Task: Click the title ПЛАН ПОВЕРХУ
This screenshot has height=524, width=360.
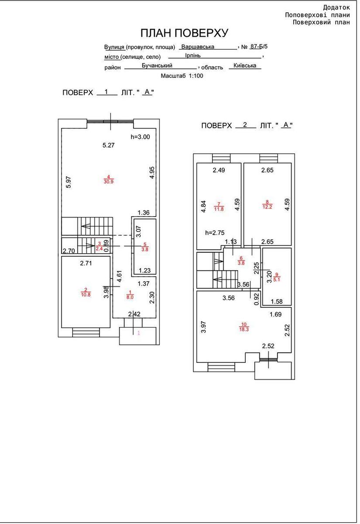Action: point(184,33)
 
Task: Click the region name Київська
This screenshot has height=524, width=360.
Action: point(245,65)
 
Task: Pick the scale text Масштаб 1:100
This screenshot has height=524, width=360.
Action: point(182,76)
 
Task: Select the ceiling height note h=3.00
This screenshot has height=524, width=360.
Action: point(140,137)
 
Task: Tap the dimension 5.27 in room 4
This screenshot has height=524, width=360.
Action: point(108,145)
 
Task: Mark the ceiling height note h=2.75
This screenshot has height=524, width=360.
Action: point(215,233)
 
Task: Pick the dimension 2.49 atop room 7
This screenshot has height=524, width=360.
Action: point(219,170)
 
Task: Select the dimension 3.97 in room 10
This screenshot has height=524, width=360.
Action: point(203,327)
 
